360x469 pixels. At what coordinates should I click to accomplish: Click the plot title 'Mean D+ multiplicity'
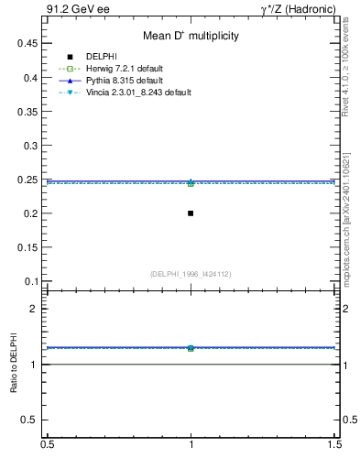191,36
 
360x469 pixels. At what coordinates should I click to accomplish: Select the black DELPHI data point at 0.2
191,213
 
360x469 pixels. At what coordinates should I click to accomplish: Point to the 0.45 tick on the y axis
30,44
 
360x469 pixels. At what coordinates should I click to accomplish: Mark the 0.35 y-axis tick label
30,112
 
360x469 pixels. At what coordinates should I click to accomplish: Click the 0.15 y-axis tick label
30,247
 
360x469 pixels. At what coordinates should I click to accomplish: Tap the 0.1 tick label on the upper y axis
33,281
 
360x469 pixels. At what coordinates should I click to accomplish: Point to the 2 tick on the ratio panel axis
38,310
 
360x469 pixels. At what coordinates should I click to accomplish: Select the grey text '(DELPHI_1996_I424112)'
191,274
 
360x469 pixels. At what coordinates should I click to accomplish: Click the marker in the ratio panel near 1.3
191,348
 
